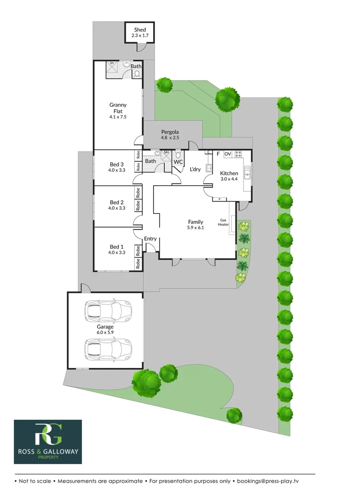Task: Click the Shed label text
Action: (x=140, y=30)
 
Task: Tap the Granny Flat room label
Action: (x=118, y=108)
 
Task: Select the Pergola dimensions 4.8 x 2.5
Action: (x=169, y=137)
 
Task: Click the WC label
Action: (x=178, y=162)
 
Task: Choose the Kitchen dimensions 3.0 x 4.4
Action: (x=229, y=179)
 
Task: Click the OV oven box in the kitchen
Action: (x=227, y=154)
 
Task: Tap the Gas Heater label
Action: (x=223, y=222)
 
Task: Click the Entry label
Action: (x=150, y=239)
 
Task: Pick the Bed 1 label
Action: (x=116, y=247)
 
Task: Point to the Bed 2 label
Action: (x=116, y=202)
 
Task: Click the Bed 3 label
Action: (x=116, y=165)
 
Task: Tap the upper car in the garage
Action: (x=107, y=311)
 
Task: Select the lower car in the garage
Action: (x=107, y=349)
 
